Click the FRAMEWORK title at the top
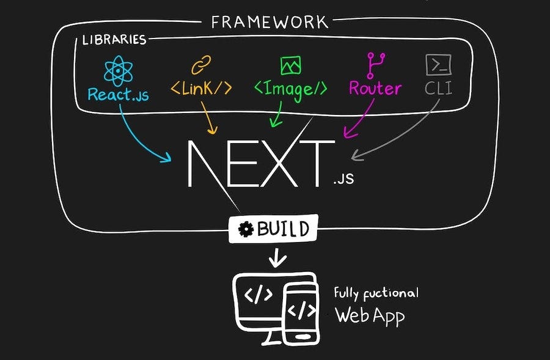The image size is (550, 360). [x=269, y=23]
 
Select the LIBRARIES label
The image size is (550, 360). [x=115, y=40]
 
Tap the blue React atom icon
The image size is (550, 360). [x=118, y=71]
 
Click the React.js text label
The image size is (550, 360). [x=118, y=95]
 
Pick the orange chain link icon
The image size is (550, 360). [x=201, y=65]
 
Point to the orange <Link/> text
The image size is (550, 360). [x=201, y=88]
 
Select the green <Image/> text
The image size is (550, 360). [x=290, y=89]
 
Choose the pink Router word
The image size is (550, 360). [x=375, y=88]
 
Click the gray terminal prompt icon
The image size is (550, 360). [x=438, y=64]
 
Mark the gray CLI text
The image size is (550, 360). [x=439, y=88]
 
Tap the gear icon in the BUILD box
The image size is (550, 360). [x=246, y=230]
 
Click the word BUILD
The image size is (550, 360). [x=282, y=230]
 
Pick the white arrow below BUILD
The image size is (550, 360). [x=277, y=259]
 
